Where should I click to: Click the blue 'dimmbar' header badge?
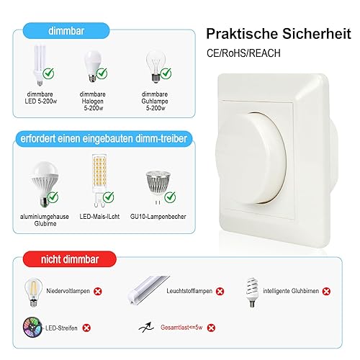click(66, 31)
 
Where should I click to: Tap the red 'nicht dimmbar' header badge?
click(70, 259)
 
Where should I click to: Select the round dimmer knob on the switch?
click(251, 158)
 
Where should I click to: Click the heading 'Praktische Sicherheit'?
click(279, 34)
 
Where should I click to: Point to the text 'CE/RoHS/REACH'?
click(243, 53)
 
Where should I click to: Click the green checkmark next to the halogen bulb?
click(102, 73)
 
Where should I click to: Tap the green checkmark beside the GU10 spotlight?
click(170, 197)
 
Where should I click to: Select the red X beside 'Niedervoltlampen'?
click(98, 291)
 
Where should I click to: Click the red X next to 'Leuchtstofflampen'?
click(220, 291)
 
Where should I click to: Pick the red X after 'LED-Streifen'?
click(86, 328)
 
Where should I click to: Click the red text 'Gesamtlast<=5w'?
click(181, 328)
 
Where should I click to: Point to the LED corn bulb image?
click(99, 181)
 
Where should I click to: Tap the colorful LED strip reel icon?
click(32, 327)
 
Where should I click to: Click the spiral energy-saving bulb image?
click(251, 292)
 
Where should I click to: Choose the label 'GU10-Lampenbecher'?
click(158, 217)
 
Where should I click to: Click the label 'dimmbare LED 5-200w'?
click(40, 98)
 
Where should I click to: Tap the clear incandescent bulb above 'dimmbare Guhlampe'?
click(156, 66)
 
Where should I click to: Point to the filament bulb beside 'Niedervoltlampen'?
click(33, 292)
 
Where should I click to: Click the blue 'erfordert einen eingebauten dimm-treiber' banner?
click(104, 139)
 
